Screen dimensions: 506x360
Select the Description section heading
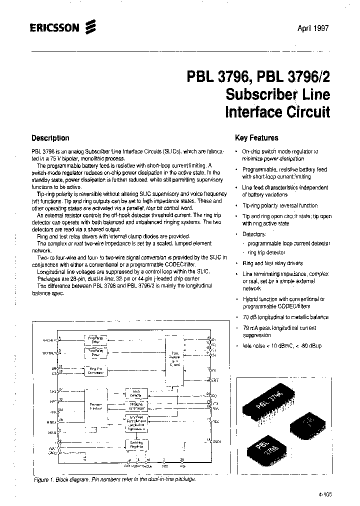coord(50,138)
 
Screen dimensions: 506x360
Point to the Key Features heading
coord(256,138)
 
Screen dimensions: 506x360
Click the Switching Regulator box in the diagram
coord(136,444)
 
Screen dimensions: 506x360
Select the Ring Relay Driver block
coord(95,340)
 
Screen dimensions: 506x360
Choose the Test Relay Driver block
coord(95,353)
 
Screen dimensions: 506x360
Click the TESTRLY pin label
coord(50,353)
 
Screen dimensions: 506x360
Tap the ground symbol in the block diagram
coord(84,457)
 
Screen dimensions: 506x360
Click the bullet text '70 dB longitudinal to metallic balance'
coord(285,317)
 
